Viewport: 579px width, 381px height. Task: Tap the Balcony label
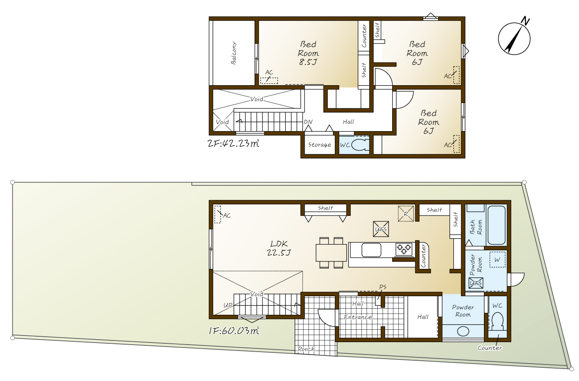[x=234, y=53]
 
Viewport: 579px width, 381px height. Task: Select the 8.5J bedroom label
[x=308, y=53]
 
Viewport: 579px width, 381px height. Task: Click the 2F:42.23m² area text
[x=234, y=143]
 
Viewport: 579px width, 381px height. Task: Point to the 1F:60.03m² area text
[x=234, y=331]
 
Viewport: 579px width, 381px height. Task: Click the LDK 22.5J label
[x=279, y=248]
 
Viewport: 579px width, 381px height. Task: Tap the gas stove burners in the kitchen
[x=404, y=249]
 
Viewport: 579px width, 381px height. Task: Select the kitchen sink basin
[x=371, y=250]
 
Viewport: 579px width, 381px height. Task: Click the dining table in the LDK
[x=331, y=253]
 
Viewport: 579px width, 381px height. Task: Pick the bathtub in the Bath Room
[x=496, y=225]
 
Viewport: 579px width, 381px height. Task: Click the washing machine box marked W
[x=498, y=260]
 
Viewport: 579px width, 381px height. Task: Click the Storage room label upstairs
[x=319, y=145]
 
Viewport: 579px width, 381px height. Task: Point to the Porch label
[x=306, y=349]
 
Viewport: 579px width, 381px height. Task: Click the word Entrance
[x=358, y=317]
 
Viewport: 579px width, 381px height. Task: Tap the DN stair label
[x=308, y=122]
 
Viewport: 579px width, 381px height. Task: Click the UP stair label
[x=228, y=305]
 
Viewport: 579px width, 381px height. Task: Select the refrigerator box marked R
[x=406, y=213]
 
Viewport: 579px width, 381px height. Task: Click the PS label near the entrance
[x=383, y=287]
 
